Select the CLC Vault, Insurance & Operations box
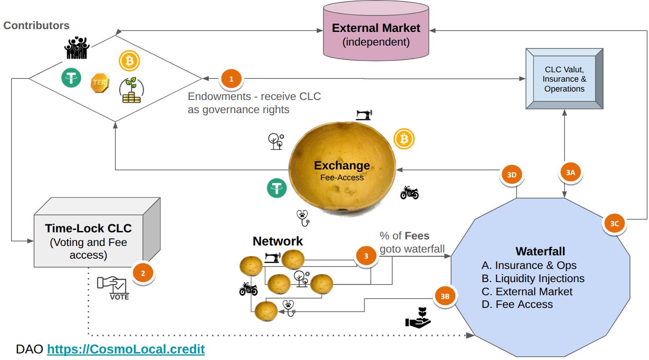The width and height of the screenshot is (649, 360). (565, 79)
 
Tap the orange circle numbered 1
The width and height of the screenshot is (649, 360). (231, 79)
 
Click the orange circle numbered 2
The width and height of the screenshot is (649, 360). (143, 273)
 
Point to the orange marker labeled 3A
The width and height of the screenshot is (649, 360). (571, 172)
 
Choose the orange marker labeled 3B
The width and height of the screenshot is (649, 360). (445, 296)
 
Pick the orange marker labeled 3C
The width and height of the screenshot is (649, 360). (615, 223)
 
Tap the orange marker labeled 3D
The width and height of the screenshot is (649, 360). (512, 175)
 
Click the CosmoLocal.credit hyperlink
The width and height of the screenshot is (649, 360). (126, 349)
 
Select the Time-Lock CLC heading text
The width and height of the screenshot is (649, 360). (88, 229)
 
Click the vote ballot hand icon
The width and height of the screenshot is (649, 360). (113, 288)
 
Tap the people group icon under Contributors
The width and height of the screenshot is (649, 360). (76, 48)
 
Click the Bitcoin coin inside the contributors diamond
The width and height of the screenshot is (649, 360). (129, 61)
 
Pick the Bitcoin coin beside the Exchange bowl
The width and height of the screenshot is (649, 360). (404, 139)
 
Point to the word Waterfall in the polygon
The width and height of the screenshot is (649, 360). (540, 251)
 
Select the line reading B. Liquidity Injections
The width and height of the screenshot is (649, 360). (533, 278)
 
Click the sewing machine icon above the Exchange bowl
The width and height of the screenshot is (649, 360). (364, 115)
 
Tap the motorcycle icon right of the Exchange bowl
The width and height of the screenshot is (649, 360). (409, 193)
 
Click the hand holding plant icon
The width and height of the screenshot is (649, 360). (418, 318)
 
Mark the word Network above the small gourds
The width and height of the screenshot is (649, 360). (277, 241)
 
